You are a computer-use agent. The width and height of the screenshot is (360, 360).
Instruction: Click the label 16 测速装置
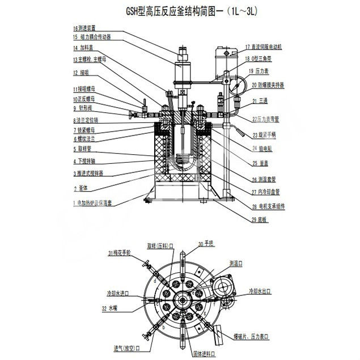88,28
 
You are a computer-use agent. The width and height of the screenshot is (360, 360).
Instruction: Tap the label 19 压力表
258,71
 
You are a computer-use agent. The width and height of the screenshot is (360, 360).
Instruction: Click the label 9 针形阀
83,108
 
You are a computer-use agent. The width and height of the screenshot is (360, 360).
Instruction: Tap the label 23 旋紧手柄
264,134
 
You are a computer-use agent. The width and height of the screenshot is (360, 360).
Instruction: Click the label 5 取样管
84,149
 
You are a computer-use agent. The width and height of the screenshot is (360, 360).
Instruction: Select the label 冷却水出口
260,291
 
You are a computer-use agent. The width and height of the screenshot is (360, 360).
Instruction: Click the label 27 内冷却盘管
261,192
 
